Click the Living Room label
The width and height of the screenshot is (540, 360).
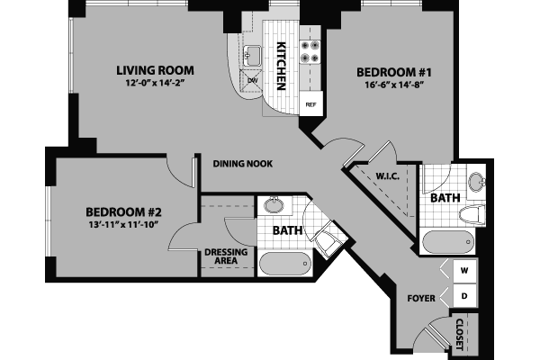click(x=156, y=69)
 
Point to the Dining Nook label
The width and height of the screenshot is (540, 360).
click(x=243, y=164)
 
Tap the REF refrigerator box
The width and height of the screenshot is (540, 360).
click(x=311, y=104)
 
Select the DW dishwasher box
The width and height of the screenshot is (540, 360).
click(x=253, y=80)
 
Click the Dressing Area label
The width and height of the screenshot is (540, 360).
click(x=220, y=256)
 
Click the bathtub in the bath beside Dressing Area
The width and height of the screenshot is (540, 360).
click(x=286, y=265)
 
